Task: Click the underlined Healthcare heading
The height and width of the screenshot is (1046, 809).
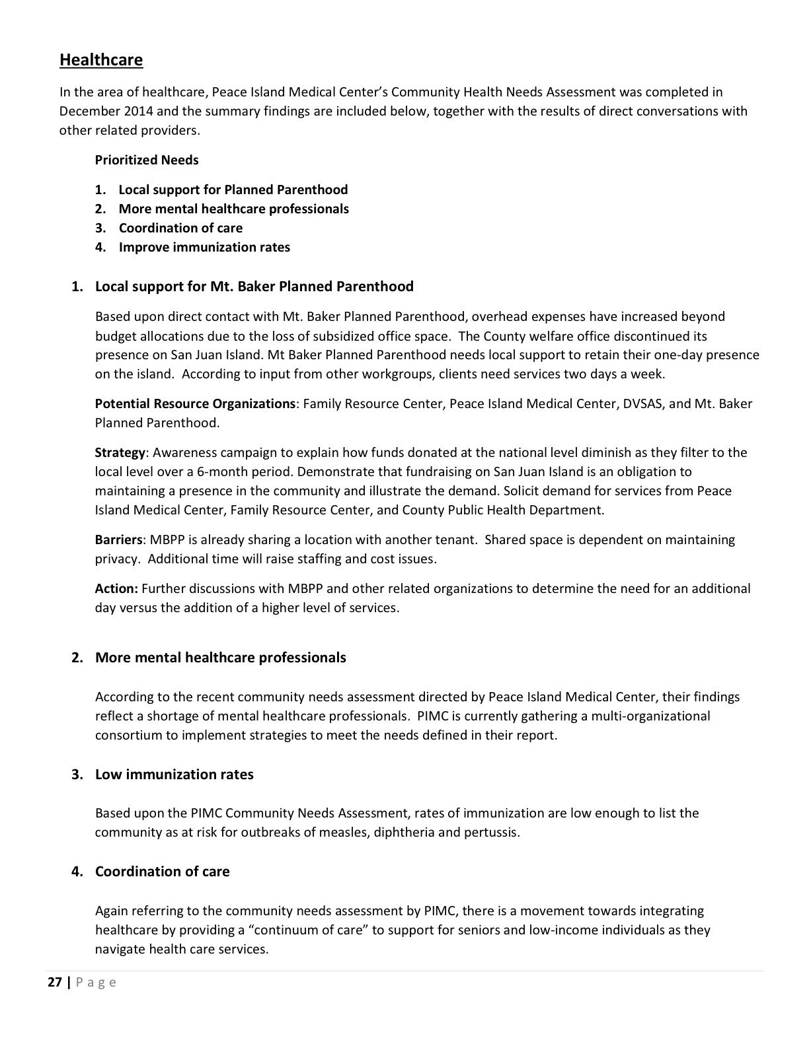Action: pyautogui.click(x=101, y=60)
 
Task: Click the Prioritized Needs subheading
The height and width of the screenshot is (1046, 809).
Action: pyautogui.click(x=147, y=160)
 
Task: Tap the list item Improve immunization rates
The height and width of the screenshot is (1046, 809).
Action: pyautogui.click(x=204, y=247)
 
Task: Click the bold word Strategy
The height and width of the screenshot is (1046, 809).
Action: pyautogui.click(x=120, y=452)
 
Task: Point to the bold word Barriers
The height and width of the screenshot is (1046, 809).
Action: pyautogui.click(x=118, y=540)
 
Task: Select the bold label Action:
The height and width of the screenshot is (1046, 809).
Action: pyautogui.click(x=116, y=588)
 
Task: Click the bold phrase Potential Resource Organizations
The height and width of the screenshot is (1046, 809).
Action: pyautogui.click(x=195, y=403)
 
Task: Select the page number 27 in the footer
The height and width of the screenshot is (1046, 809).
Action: pyautogui.click(x=54, y=982)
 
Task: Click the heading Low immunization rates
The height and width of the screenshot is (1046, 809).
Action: pyautogui.click(x=174, y=775)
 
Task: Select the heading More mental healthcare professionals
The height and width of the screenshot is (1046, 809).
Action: pyautogui.click(x=221, y=658)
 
